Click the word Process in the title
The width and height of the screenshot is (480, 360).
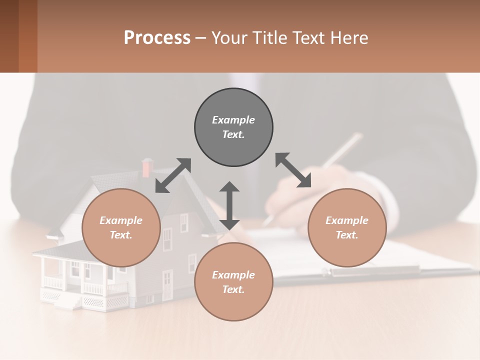tap(157, 37)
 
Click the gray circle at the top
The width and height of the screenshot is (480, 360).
tap(233, 127)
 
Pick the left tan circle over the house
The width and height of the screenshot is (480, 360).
tap(121, 227)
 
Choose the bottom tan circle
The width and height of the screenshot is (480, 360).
tap(233, 282)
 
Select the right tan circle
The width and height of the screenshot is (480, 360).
tap(347, 227)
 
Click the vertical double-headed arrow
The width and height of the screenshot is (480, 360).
tap(229, 205)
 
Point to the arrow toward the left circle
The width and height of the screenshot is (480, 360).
tap(173, 175)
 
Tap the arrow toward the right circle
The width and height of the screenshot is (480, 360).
tap(293, 170)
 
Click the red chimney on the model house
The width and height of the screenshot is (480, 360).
tap(147, 167)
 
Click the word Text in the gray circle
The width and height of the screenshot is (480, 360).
tap(233, 134)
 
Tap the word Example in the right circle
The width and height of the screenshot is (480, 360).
tap(347, 220)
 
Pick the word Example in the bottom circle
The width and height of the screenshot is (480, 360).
tap(233, 275)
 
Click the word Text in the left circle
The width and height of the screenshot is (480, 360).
tap(121, 235)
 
